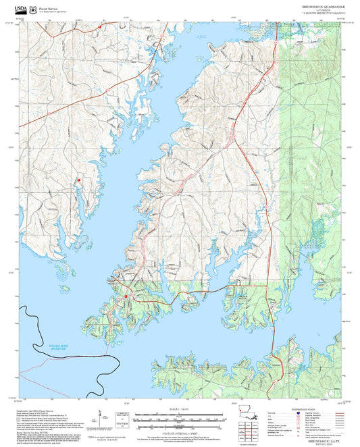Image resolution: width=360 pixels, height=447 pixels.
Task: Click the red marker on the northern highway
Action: tap(99, 26)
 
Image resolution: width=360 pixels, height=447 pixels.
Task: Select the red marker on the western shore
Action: tap(78, 180)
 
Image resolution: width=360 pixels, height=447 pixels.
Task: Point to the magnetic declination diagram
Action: tap(101, 415)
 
